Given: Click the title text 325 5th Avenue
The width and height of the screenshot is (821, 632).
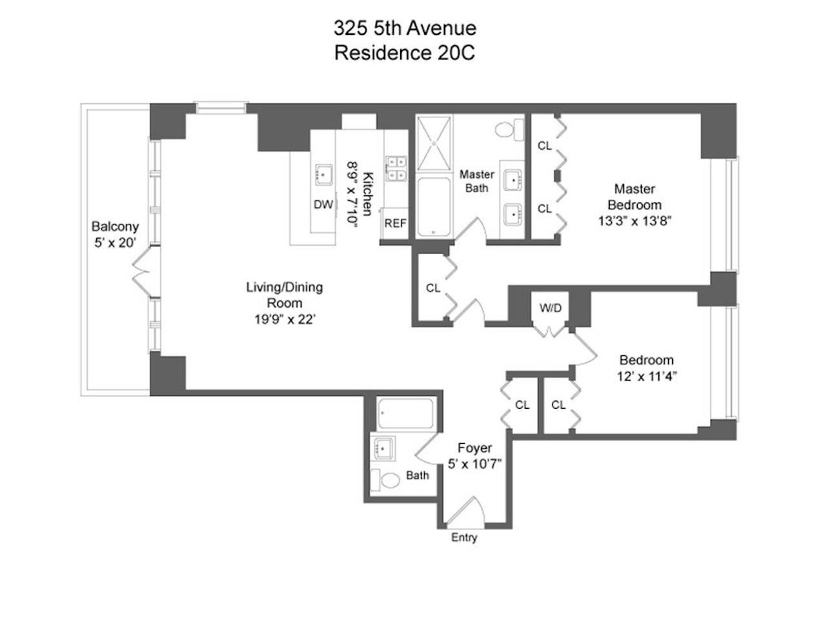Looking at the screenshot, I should (x=405, y=28).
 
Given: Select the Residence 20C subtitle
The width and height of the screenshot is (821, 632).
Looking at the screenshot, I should (x=405, y=52).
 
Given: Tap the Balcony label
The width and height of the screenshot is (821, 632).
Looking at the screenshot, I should (x=115, y=226).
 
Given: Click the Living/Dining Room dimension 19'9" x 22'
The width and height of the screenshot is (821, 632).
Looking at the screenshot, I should (x=284, y=319).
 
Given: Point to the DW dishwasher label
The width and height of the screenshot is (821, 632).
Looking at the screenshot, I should (x=323, y=205).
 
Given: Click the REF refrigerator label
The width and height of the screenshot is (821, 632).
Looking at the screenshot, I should (x=395, y=223).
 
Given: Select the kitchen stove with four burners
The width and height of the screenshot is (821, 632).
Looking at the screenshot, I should (x=396, y=168).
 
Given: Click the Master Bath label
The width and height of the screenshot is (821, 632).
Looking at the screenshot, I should (x=476, y=181).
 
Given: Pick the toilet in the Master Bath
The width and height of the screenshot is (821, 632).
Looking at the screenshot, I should (x=511, y=129).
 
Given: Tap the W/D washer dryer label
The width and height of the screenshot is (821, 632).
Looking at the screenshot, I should (x=550, y=308).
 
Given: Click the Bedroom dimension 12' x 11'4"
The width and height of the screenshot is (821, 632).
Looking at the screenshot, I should (x=646, y=376).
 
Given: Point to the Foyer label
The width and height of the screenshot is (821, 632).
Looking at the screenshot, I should (x=474, y=448).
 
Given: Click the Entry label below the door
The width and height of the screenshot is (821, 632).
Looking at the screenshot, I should (x=463, y=537).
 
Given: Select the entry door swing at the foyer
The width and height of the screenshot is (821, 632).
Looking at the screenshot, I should (x=465, y=513).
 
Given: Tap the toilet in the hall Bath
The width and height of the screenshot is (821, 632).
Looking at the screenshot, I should (x=389, y=480).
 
